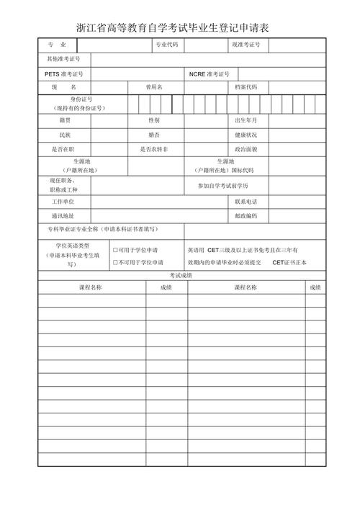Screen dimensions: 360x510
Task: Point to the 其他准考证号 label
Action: tap(63, 58)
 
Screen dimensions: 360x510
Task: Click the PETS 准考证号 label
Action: tap(63, 74)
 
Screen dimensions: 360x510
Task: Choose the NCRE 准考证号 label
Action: tap(210, 74)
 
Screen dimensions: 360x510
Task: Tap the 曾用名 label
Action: tap(155, 87)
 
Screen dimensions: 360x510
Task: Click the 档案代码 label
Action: tap(246, 87)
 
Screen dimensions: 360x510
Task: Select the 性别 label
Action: tap(155, 120)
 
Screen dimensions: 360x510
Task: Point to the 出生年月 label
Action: tap(246, 120)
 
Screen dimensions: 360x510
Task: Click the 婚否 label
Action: tap(155, 135)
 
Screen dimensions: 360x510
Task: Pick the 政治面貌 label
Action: tap(246, 148)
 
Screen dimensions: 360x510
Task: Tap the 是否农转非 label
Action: tap(154, 148)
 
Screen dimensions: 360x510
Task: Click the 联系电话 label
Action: tap(246, 202)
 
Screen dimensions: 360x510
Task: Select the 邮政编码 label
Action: tap(246, 215)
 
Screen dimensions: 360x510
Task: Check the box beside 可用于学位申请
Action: tap(115, 249)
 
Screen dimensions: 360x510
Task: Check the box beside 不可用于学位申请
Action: tap(115, 262)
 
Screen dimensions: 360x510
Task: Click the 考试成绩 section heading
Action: tap(181, 275)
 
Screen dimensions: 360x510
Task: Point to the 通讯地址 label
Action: tap(63, 215)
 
